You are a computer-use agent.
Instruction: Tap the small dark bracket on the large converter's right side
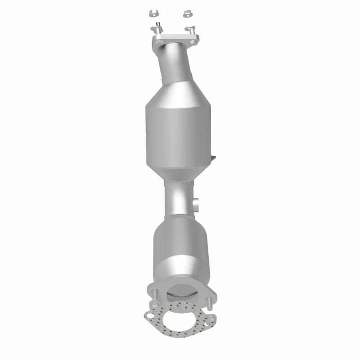tap(213, 158)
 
